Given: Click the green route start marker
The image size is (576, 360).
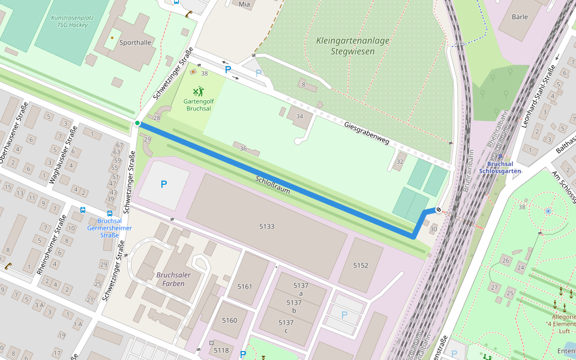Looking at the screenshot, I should (137, 123).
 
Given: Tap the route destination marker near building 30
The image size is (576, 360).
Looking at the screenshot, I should (439, 210).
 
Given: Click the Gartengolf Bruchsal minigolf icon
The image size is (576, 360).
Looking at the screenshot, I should (198, 92).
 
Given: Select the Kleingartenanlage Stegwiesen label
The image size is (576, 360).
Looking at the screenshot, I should (352, 46).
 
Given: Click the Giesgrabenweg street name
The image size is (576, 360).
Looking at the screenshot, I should (367, 133).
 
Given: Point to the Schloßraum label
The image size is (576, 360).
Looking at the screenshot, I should (273, 184).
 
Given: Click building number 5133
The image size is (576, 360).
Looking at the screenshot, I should (266, 226).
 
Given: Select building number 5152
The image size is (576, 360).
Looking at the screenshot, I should (361, 265).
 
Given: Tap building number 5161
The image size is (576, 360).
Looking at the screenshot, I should (245, 286).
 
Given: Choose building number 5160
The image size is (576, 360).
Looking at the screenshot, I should (230, 320).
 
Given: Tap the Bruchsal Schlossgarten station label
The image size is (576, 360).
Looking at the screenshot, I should (500, 167).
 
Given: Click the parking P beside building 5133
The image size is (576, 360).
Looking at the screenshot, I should (163, 184).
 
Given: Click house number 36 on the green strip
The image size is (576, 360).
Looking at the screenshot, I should (243, 148).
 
